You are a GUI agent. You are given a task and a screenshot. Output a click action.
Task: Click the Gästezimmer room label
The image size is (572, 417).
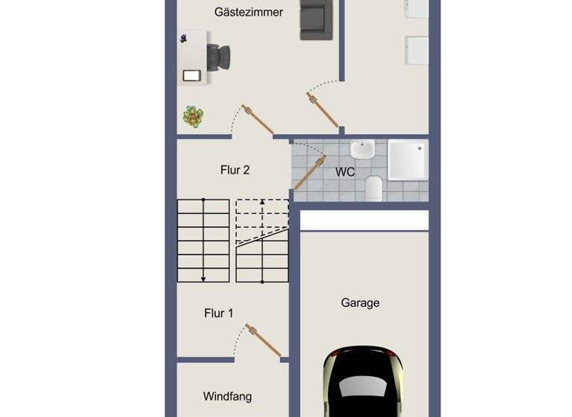click(x=248, y=12)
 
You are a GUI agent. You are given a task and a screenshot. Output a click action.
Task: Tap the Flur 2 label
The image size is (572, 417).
click(x=235, y=170)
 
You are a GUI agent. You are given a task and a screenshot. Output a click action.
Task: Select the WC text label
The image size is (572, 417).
click(x=345, y=172)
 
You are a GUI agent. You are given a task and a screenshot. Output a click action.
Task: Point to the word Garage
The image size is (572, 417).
click(x=360, y=302)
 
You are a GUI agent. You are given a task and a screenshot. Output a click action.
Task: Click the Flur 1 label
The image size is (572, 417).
click(x=218, y=313)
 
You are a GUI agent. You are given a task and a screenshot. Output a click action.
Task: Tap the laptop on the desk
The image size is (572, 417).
click(x=191, y=75)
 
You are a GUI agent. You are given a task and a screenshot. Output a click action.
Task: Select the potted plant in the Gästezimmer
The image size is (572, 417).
click(x=194, y=116)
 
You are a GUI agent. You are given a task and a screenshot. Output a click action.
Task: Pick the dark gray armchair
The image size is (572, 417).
click(x=316, y=20)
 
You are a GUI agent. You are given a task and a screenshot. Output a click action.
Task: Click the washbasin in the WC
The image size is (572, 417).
click(x=363, y=150)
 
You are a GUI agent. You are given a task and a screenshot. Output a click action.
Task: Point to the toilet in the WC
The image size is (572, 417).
click(x=375, y=188)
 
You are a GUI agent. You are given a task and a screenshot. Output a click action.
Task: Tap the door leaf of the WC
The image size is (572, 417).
click(x=310, y=174)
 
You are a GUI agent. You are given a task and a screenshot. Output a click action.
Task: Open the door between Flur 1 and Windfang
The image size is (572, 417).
click(x=264, y=341)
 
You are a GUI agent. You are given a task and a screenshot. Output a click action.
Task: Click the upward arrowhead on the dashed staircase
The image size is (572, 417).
click(x=262, y=202)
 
